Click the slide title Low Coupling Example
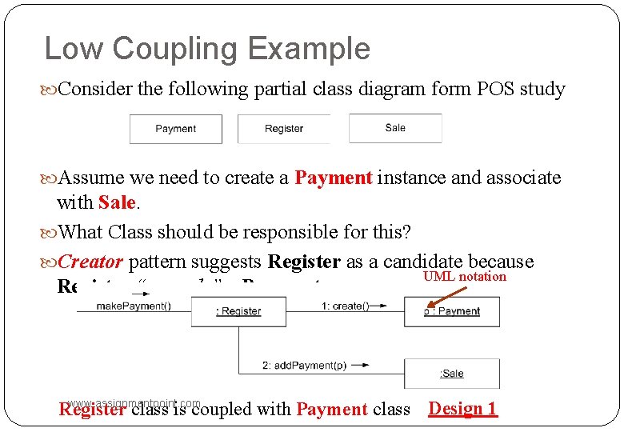coord(207,49)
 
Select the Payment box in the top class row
coord(176,129)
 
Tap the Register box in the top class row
coord(284,129)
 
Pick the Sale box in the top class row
coord(395,128)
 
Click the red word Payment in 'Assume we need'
coord(334,178)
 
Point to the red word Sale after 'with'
coord(117,203)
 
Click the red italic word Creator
coord(90,262)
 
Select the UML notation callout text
coord(465,277)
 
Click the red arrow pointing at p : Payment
coord(438,295)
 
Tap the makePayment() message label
coord(134,306)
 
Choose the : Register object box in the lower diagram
coord(238,311)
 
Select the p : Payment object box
coord(452,311)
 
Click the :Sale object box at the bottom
coord(452,374)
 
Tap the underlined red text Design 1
coord(462,409)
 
